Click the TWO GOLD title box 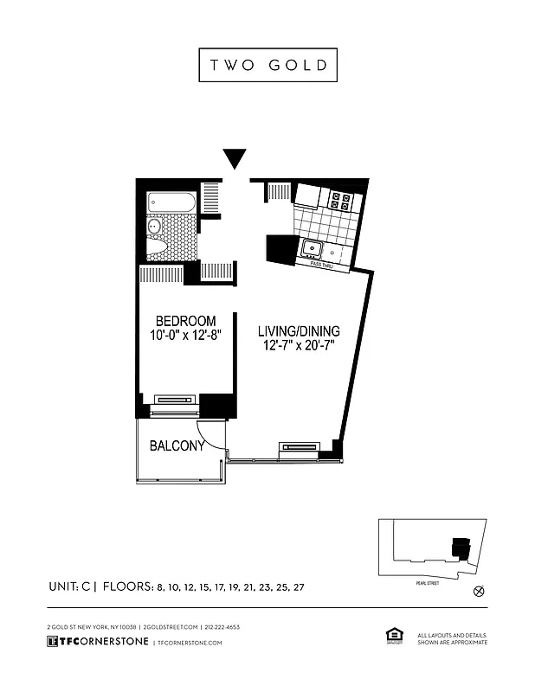click(267, 65)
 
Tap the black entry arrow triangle click(235, 159)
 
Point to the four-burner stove click(340, 202)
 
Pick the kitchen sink click(310, 250)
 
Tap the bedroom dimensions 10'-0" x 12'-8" click(186, 336)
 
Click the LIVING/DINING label click(299, 330)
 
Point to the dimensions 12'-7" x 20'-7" click(299, 346)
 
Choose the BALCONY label click(177, 446)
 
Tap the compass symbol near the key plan click(478, 592)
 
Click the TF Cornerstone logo click(97, 642)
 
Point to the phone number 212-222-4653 click(222, 626)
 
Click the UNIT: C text click(73, 586)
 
